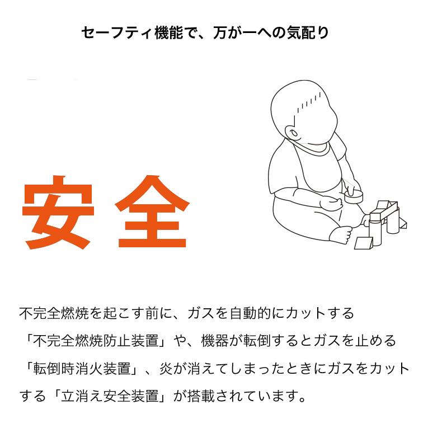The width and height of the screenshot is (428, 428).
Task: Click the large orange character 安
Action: pyautogui.click(x=58, y=213)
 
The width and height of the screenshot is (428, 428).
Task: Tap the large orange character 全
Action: pyautogui.click(x=152, y=211)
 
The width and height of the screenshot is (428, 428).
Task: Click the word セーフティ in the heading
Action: pyautogui.click(x=116, y=33)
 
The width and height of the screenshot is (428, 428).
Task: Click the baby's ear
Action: pyautogui.click(x=293, y=134)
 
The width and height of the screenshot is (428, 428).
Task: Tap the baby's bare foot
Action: pyautogui.click(x=341, y=234)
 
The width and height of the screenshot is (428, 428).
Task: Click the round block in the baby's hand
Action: pyautogui.click(x=354, y=196)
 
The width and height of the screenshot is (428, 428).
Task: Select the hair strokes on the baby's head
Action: pyautogui.click(x=308, y=103)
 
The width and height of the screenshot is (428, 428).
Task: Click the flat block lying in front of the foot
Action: pyautogui.click(x=364, y=243)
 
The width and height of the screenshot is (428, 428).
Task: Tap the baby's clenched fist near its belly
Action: pyautogui.click(x=331, y=203)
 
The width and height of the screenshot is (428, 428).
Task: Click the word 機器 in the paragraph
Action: pyautogui.click(x=215, y=341)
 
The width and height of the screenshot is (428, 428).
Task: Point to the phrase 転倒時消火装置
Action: pyautogui.click(x=82, y=369)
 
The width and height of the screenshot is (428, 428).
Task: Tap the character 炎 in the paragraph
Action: pyautogui.click(x=166, y=369)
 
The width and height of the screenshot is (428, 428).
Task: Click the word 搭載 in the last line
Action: pyautogui.click(x=201, y=396)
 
